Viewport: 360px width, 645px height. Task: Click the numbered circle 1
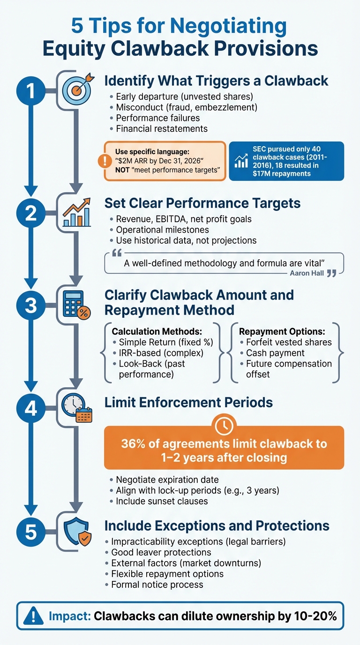pos(31,91)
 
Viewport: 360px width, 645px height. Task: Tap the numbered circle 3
pos(31,306)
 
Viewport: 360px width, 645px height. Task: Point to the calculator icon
pos(75,305)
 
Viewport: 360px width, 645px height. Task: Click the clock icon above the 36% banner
pos(224,425)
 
